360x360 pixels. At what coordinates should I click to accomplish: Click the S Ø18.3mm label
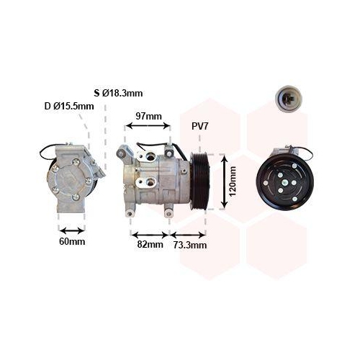[x=118, y=93]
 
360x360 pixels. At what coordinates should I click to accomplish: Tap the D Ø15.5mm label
[x=69, y=106]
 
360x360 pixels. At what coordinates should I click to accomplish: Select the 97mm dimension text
[x=149, y=116]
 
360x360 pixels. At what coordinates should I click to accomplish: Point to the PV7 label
[x=199, y=126]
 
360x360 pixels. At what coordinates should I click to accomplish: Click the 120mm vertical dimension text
[x=233, y=181]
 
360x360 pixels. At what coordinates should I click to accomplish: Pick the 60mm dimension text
[x=72, y=241]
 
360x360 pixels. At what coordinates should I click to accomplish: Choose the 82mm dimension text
[x=150, y=245]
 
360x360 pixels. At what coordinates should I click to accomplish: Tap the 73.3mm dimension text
[x=190, y=245]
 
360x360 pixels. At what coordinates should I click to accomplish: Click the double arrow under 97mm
[x=148, y=125]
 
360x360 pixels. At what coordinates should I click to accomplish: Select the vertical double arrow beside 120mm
[x=224, y=181]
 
